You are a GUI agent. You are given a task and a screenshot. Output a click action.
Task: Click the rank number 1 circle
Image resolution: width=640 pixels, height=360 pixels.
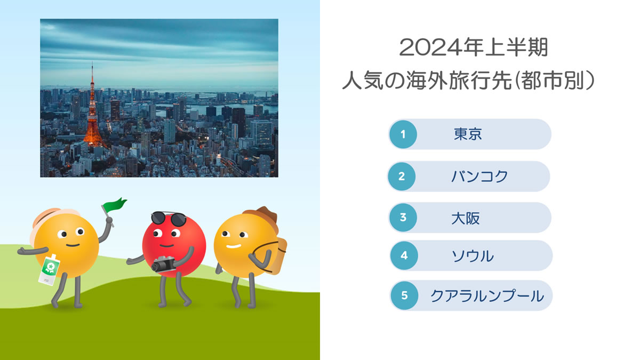(x=403, y=134)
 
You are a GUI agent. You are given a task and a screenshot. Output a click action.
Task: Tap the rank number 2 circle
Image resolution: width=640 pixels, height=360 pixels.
(x=402, y=177)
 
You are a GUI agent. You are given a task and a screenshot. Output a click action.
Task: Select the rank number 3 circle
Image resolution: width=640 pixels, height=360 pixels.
(x=403, y=218)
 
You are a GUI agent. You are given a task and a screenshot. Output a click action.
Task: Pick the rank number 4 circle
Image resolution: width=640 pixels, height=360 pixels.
(x=404, y=255)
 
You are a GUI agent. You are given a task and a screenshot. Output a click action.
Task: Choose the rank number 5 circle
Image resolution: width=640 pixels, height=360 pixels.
(x=404, y=295)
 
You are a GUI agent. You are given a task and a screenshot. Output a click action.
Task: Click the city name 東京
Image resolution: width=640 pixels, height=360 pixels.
(x=468, y=134)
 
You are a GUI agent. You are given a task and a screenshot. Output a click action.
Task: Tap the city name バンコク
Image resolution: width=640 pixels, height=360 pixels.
(x=479, y=177)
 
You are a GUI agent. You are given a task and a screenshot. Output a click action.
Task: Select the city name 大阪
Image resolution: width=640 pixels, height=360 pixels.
(x=466, y=218)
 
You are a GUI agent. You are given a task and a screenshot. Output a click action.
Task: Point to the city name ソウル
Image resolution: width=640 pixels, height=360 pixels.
(x=473, y=256)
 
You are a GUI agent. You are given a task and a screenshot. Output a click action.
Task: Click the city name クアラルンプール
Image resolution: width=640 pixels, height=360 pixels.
(x=487, y=296)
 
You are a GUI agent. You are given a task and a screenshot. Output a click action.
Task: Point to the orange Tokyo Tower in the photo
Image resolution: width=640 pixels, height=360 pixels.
(x=93, y=114)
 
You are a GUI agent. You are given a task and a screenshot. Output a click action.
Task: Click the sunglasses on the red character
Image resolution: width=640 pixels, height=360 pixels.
(x=169, y=219)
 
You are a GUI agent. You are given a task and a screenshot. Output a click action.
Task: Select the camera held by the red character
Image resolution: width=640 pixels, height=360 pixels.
(x=164, y=265)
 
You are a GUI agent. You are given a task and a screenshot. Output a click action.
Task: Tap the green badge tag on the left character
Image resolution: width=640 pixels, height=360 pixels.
(x=49, y=270)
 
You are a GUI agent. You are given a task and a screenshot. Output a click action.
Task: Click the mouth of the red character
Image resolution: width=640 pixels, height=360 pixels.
(x=166, y=246)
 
